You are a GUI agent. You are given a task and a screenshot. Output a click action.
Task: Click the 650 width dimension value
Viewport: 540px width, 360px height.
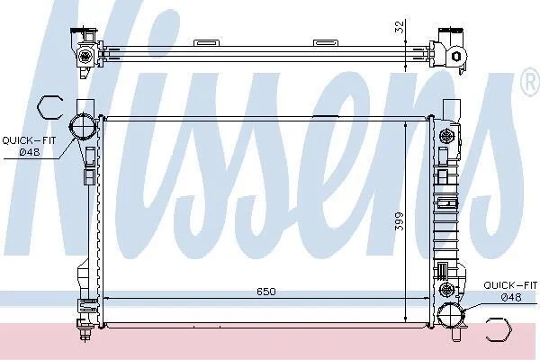pos(266,292)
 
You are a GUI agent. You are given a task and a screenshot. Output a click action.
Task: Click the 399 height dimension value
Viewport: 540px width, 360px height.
pos(399,221)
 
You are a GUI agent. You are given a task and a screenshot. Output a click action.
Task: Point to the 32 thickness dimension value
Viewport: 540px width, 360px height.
pos(399,27)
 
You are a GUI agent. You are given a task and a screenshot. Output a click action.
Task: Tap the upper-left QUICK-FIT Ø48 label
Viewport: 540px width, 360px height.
pos(29,146)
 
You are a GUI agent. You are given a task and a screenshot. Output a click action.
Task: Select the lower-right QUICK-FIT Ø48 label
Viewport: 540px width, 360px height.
pos(510,291)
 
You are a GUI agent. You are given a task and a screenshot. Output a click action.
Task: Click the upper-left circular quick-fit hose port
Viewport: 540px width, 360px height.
pos(82,127)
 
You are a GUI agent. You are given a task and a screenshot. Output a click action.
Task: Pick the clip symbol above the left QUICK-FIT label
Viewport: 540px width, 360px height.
pos(49,107)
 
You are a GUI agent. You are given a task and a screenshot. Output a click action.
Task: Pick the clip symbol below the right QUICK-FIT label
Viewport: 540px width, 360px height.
pos(499,329)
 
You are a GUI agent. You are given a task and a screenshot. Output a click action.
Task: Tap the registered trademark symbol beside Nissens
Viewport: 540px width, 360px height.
pos(532,82)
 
